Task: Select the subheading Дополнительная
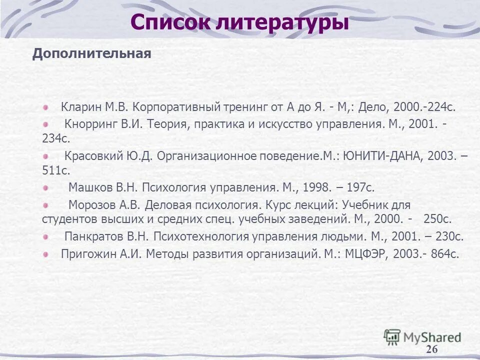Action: click(91, 54)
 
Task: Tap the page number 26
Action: click(431, 349)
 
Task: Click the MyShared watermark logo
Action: click(422, 337)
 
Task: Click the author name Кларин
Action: click(81, 107)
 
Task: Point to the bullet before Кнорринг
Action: click(45, 123)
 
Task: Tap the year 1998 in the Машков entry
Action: click(316, 187)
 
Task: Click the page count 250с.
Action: click(437, 219)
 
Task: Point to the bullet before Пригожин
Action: click(45, 253)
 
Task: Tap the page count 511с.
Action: click(55, 170)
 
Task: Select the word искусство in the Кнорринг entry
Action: click(285, 123)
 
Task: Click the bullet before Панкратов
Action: click(45, 236)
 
